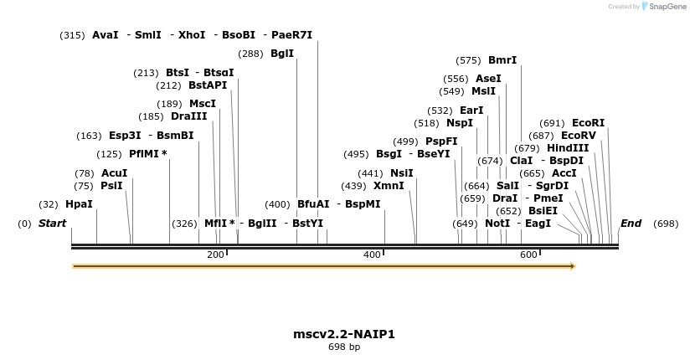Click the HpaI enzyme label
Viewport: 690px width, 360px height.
coord(79,204)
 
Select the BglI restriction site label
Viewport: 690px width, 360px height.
coord(282,54)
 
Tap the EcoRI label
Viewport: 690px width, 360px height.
coord(588,123)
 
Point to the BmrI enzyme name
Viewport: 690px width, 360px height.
coord(502,60)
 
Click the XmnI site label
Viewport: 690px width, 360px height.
coord(389,186)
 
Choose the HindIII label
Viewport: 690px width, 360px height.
coord(568,148)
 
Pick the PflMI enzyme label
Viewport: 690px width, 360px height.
coord(144,154)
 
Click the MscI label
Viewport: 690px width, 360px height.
coord(203,104)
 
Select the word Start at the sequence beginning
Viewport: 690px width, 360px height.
coord(52,224)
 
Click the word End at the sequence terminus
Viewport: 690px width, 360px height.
coord(631,224)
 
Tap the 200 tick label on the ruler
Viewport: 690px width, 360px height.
coord(215,255)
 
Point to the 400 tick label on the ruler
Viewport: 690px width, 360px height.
coord(372,255)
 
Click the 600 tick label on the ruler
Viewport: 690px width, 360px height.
coord(528,255)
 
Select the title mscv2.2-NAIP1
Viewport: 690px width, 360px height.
coord(344,334)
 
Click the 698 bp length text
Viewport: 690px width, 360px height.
coord(344,347)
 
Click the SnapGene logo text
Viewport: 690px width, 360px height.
coord(663,7)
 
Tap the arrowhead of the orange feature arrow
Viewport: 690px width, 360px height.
coord(573,266)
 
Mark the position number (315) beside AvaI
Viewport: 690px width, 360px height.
coord(73,35)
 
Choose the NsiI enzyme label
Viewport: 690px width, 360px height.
coord(402,173)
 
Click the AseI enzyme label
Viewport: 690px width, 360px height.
coord(488,79)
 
